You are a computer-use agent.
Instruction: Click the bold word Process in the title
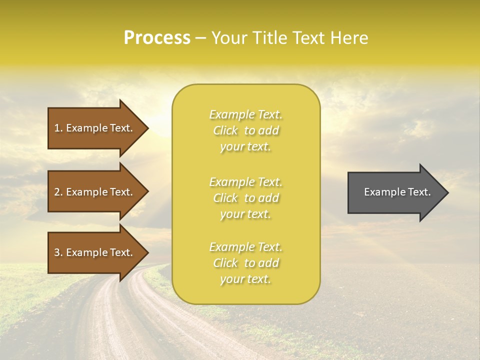coord(157,38)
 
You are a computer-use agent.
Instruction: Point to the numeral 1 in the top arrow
coord(57,128)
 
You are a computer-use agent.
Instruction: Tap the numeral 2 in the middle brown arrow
coord(57,192)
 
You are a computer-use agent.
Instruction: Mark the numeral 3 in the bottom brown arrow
coord(57,252)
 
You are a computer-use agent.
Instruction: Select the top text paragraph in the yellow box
coord(246,130)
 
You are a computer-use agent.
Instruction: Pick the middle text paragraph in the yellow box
coord(246,198)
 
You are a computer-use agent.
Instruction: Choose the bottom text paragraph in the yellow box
coord(246,263)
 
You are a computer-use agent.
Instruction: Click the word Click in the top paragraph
coord(225,130)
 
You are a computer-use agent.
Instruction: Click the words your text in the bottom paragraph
coord(245,279)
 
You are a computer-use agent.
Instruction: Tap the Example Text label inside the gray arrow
coord(397,192)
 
